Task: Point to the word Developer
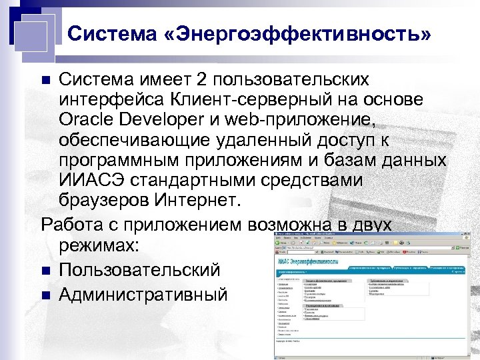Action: tap(167, 122)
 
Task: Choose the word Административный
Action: tap(143, 294)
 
